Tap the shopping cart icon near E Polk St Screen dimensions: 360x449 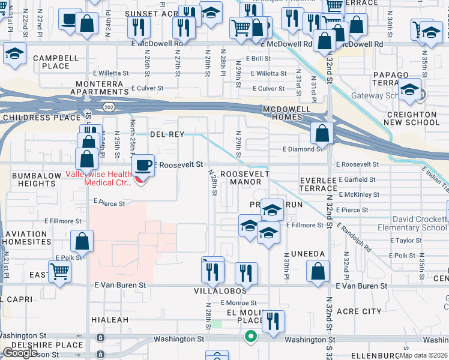[x=59, y=271]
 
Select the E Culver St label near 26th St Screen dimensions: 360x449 [x=147, y=88]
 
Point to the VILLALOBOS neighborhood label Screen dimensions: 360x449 [x=220, y=291]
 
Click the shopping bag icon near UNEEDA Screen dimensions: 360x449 [x=318, y=271]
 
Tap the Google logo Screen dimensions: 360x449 [x=20, y=353]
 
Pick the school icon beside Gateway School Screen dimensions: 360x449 [x=410, y=90]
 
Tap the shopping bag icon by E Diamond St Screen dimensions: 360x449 [x=322, y=133]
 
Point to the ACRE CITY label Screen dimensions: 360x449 [x=359, y=311]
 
